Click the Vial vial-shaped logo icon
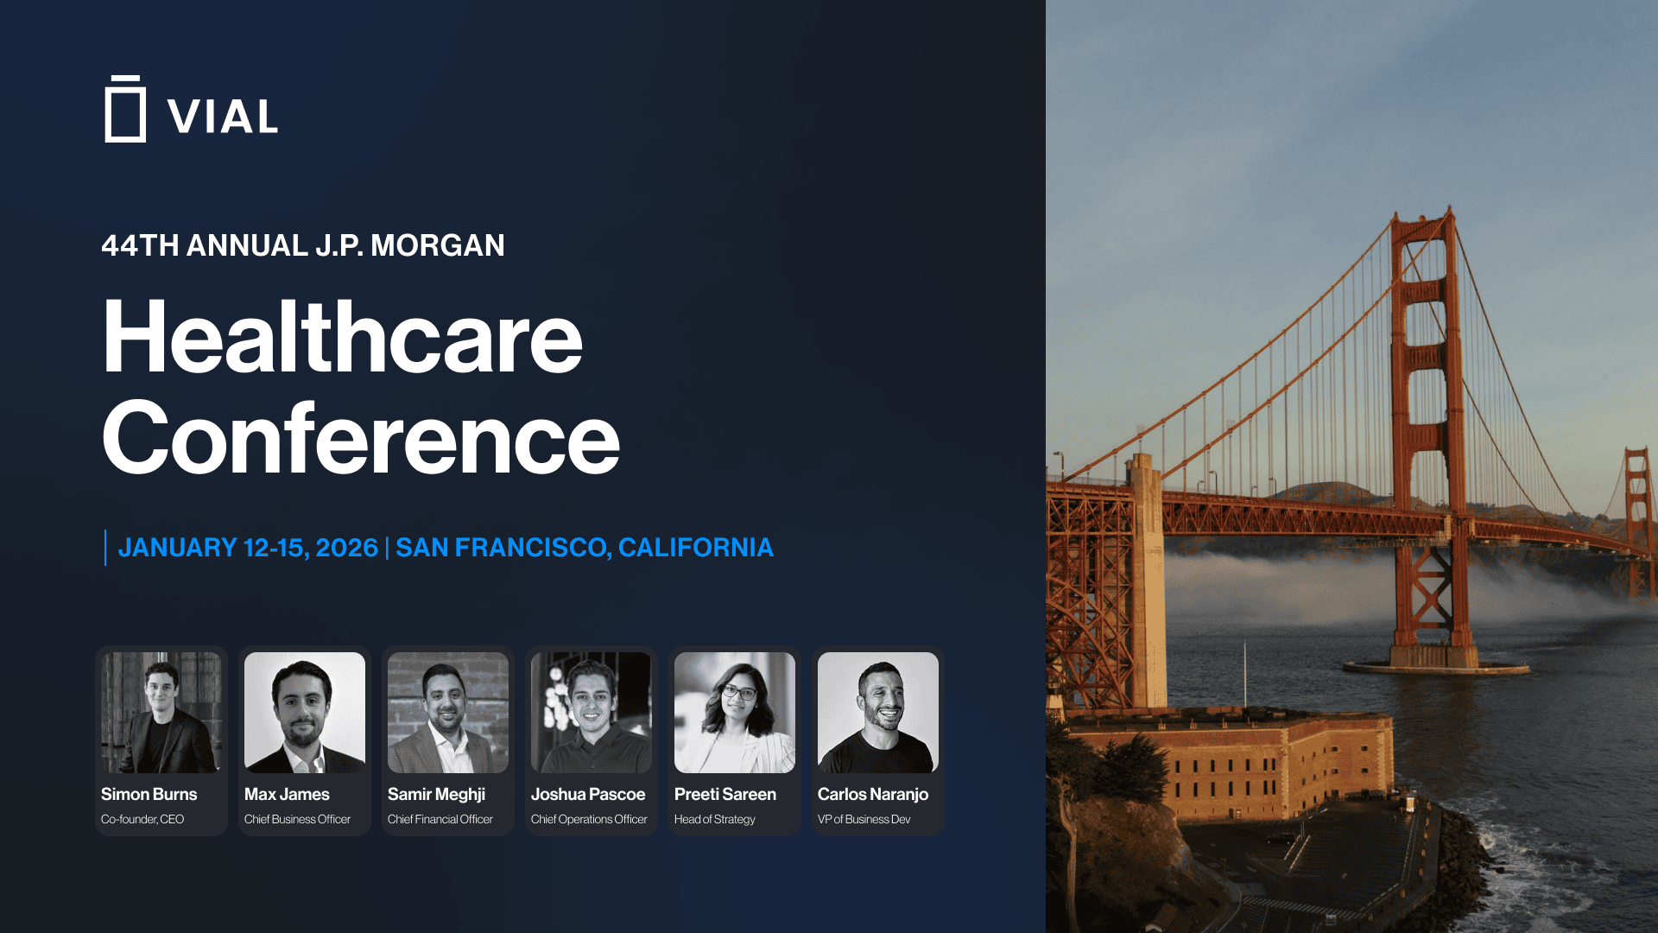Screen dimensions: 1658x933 pos(125,109)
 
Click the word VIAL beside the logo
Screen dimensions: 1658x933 pos(223,117)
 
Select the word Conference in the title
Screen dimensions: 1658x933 pos(361,438)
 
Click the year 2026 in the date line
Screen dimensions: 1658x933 pos(346,548)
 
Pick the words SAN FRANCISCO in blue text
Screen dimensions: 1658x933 pos(503,548)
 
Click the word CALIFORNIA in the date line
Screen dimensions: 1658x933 pos(696,548)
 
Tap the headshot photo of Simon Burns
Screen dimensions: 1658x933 pos(161,713)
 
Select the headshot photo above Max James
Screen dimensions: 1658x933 pos(305,713)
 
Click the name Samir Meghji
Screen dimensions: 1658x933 pos(436,795)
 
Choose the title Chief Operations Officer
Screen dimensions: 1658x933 pos(589,819)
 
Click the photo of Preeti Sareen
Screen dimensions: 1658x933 pos(735,713)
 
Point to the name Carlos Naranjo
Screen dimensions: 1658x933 pos(873,795)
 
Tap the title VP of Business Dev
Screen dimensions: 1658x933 pos(864,819)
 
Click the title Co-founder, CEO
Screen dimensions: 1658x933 pos(142,819)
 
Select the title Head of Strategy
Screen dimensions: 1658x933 pos(715,819)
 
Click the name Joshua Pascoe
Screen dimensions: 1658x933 pos(588,795)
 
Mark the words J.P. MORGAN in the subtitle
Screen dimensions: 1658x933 pos(410,245)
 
